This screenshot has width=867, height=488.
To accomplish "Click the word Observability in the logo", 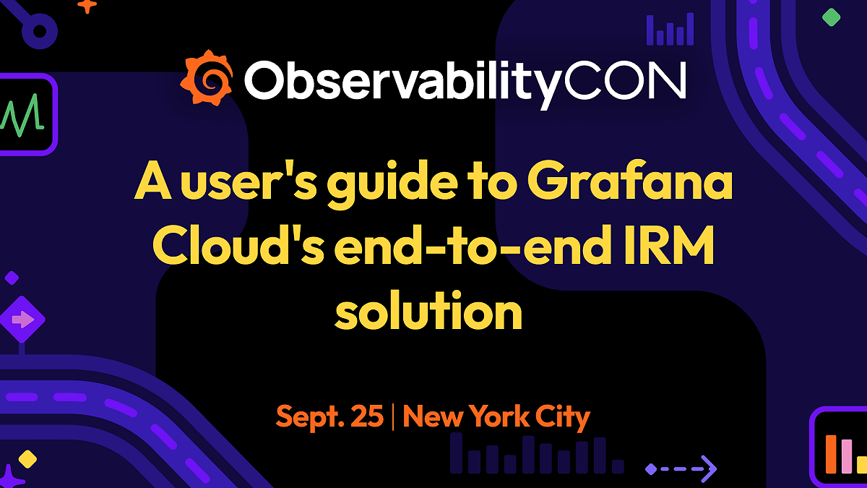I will point(400,81).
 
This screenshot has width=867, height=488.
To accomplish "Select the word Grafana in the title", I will point(629,184).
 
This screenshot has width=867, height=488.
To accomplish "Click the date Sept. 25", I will point(329,417).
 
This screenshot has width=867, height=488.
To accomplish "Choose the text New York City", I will point(496,417).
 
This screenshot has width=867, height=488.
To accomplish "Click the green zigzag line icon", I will point(22,114).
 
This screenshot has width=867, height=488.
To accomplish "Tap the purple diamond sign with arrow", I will point(22,319).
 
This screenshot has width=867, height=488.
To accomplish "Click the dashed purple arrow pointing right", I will point(681,468).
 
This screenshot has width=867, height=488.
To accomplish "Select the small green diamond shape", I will point(832,17).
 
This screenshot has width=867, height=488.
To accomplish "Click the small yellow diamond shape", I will point(27,458).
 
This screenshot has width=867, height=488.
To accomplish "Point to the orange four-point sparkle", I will point(87,6).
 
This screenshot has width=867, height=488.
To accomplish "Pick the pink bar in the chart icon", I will point(846,456).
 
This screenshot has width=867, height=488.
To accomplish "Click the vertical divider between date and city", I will point(393,417).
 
